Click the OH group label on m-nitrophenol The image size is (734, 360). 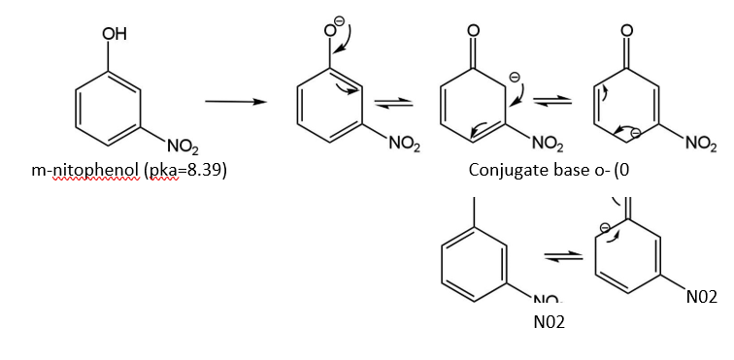114,34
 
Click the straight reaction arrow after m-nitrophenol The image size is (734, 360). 236,102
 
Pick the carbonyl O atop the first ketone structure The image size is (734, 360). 473,31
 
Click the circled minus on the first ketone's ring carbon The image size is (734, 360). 514,77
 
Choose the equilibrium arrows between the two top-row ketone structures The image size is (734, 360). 552,100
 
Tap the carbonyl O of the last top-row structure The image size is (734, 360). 627,31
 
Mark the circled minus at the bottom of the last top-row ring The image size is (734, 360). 635,133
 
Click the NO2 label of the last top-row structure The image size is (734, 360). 701,146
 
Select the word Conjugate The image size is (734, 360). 504,171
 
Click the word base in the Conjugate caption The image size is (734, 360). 561,170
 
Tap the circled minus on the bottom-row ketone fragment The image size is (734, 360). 605,227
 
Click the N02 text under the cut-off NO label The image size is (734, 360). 550,322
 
